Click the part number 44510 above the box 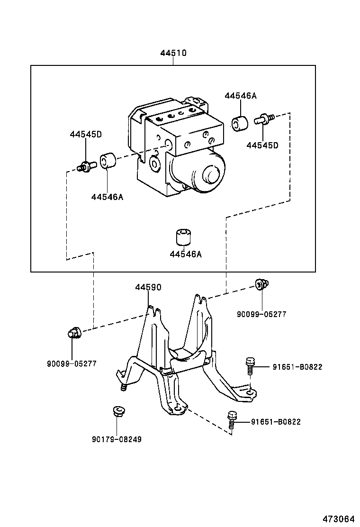click(173, 53)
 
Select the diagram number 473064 click(338, 519)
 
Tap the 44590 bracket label click(148, 287)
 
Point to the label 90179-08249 click(117, 439)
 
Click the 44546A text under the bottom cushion click(186, 254)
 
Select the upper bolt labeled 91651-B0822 click(250, 366)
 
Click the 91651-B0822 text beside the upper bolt click(297, 366)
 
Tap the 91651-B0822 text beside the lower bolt click(276, 422)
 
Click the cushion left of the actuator click(108, 161)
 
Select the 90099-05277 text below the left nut click(72, 363)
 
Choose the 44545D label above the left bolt click(86, 134)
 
